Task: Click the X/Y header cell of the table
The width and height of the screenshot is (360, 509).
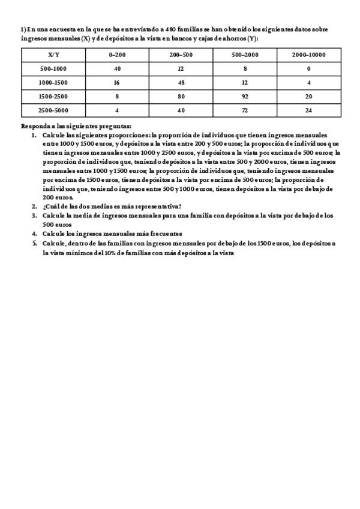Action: tap(53, 55)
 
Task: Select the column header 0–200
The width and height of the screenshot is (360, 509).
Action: tap(117, 55)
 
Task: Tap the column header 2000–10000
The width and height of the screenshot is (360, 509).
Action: tap(308, 55)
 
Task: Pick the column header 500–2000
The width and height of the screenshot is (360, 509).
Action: tap(245, 55)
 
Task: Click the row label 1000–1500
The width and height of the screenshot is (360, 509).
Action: tap(53, 82)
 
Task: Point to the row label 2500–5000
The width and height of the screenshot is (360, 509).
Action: tap(53, 110)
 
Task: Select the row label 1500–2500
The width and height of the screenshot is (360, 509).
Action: tap(53, 96)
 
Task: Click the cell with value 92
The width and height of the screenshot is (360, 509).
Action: tap(245, 96)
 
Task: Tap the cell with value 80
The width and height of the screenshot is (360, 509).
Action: tap(181, 96)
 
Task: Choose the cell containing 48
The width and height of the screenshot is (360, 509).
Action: tap(181, 82)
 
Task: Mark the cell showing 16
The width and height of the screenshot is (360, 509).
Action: tap(117, 82)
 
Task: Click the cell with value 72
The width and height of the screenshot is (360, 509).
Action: tap(245, 110)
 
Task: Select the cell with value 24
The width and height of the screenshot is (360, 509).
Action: tap(308, 110)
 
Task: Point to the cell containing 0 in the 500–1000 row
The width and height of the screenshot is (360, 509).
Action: tap(308, 68)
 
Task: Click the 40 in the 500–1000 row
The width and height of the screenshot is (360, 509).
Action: tap(117, 68)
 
